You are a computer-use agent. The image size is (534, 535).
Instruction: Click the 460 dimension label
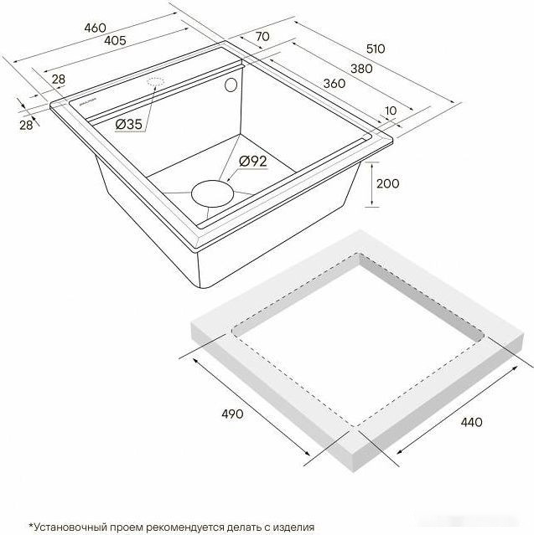tap(96, 28)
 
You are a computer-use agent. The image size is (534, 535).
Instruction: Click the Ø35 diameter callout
tap(129, 125)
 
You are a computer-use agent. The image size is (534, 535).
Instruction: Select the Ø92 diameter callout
tap(251, 161)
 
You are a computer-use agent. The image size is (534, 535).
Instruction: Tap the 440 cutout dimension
tap(471, 422)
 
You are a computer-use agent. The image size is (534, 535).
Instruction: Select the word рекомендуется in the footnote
tap(184, 527)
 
